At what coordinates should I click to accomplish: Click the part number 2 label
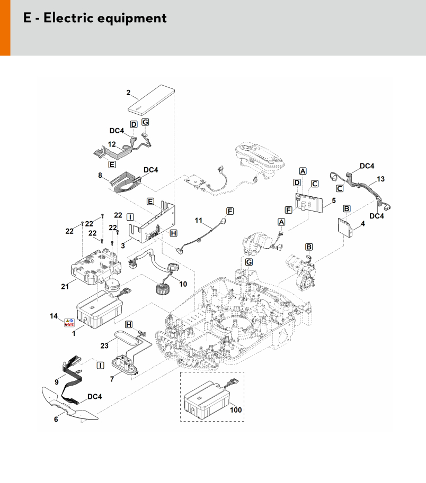tap(128, 93)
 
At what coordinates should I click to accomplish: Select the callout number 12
tap(112, 144)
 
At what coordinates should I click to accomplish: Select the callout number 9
tap(57, 381)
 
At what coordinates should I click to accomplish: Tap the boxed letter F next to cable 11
tap(230, 211)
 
